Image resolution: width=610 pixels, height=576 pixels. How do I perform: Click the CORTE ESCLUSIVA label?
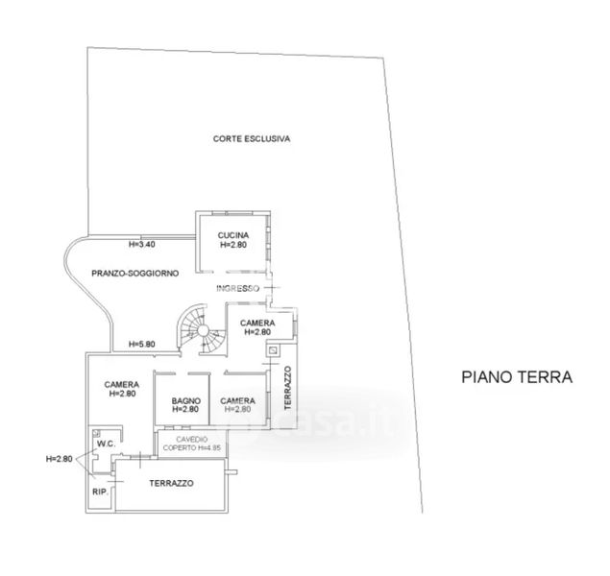[252, 139]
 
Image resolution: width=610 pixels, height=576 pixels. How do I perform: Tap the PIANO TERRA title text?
[516, 377]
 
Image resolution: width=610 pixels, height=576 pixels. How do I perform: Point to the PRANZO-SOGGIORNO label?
[134, 274]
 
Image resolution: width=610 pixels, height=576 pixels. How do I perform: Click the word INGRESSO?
[237, 289]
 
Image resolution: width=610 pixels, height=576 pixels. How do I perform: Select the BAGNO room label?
[185, 405]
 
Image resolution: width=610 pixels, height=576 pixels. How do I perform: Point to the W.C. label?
[103, 444]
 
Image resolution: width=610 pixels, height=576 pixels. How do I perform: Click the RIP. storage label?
[99, 492]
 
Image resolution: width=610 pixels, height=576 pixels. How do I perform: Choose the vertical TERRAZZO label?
[285, 388]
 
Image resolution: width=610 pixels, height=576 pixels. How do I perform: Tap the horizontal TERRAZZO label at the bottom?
[172, 484]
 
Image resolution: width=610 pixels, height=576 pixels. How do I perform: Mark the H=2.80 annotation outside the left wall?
[60, 459]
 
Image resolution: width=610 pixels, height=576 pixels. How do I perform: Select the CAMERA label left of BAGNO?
[122, 389]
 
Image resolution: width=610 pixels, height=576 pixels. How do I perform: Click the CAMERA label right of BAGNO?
[237, 405]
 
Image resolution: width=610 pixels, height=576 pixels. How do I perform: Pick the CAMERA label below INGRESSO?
[257, 326]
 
